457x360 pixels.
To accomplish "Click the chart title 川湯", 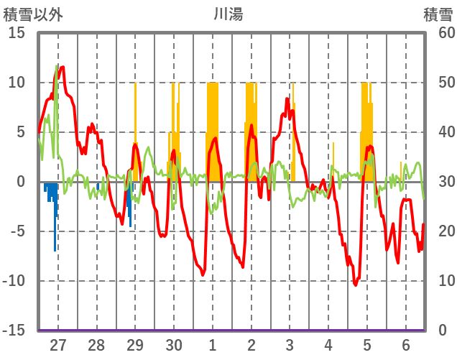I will pos(228,14).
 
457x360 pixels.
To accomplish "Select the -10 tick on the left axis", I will pos(14,281).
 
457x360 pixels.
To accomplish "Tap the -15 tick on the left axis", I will pos(14,331).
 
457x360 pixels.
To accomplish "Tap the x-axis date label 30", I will pos(173,344).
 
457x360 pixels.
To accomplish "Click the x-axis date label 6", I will pos(406,344).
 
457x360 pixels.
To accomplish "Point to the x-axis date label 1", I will pos(212,344).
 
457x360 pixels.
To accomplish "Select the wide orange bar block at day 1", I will pos(212,129).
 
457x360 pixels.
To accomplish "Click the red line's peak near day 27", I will pos(63,67).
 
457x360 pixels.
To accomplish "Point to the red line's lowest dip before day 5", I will pos(355,285).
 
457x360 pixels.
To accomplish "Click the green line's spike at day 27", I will pos(57,66).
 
